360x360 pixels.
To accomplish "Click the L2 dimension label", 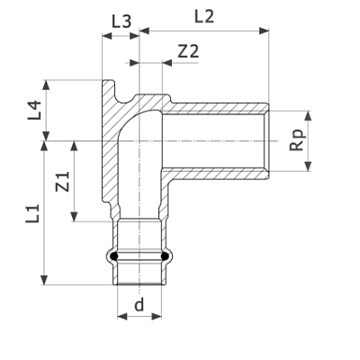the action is point(204,16).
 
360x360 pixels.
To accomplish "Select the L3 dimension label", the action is point(121,22).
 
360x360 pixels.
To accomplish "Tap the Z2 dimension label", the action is point(188,51).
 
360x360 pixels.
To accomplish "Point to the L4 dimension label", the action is point(34,111).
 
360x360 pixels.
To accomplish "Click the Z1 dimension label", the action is point(63,182).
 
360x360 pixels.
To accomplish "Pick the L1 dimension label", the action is point(32,213).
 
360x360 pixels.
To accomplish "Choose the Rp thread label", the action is point(298,140).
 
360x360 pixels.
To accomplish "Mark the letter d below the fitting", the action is point(139,304).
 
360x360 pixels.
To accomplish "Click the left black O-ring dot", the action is point(113,256).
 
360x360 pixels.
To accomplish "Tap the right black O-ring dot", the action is point(166,256).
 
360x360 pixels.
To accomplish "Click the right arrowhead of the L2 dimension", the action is point(264,31).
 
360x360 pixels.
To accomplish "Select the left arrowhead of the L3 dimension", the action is point(107,36).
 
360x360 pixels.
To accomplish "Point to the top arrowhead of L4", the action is point(46,85).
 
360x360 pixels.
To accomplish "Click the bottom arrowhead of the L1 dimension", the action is point(44,280).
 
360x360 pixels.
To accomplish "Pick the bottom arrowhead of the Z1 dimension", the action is point(74,217).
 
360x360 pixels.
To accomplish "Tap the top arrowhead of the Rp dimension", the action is point(308,116).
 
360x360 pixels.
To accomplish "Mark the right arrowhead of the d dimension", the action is point(157,316).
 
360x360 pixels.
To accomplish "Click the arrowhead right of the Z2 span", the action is point(167,63).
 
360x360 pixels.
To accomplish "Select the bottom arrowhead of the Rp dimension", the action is point(308,166).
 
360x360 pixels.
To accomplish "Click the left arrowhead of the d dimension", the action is point(122,316).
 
